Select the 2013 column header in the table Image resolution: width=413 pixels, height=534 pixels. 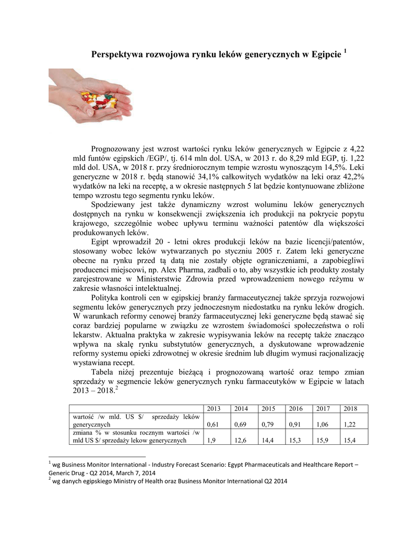point(214,408)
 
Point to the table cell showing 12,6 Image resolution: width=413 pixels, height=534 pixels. point(240,441)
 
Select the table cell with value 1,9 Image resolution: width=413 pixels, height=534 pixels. point(211,441)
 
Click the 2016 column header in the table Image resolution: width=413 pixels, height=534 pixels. point(295,408)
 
